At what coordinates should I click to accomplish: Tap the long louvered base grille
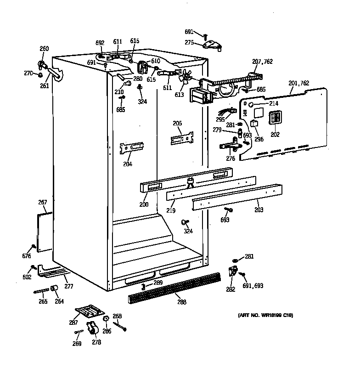(174, 288)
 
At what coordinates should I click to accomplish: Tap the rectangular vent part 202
(274, 119)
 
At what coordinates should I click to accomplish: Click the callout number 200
(144, 204)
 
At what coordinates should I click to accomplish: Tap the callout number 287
(73, 322)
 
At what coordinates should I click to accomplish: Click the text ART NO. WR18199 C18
(265, 315)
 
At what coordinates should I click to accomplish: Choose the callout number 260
(44, 49)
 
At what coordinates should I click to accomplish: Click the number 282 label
(231, 289)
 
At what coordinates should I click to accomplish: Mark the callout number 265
(43, 301)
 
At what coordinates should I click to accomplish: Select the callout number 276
(231, 158)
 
